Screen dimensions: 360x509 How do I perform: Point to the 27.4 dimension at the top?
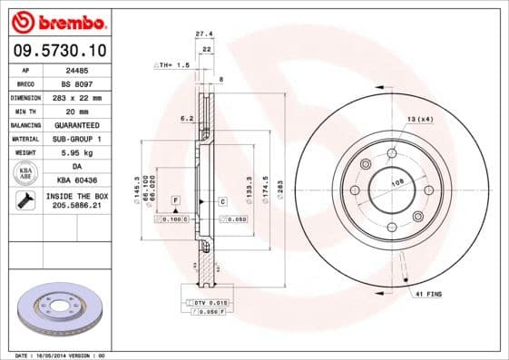pyautogui.click(x=204, y=34)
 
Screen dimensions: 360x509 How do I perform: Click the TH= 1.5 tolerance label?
pyautogui.click(x=172, y=65)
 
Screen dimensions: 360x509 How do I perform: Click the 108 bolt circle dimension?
pyautogui.click(x=396, y=182)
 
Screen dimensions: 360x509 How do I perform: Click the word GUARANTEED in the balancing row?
pyautogui.click(x=77, y=124)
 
